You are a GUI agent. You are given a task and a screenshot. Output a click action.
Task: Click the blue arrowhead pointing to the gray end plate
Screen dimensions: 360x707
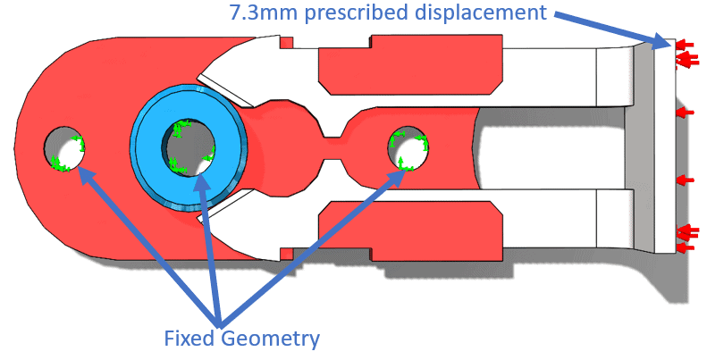click(661, 39)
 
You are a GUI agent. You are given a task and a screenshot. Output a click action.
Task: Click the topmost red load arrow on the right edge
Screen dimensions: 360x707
click(686, 43)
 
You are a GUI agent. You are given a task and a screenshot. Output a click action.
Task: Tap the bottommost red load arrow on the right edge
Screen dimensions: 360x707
click(686, 247)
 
